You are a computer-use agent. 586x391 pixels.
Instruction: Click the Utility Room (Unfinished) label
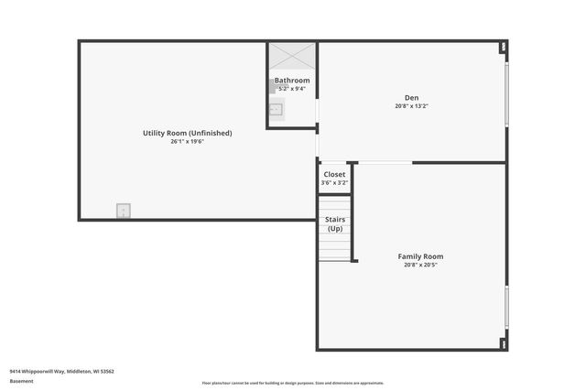[x=187, y=133]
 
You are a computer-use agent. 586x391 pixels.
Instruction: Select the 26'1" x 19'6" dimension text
[x=187, y=142]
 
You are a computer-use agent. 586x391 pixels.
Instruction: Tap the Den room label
[x=411, y=98]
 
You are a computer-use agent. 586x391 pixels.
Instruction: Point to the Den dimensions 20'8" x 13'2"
[x=411, y=106]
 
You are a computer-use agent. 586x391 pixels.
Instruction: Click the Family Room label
[x=420, y=256]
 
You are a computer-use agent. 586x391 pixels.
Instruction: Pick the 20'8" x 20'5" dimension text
[x=420, y=266]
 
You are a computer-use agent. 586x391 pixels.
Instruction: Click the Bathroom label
[x=292, y=80]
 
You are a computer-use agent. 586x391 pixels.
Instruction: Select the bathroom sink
[x=276, y=110]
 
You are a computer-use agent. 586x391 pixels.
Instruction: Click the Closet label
[x=334, y=173]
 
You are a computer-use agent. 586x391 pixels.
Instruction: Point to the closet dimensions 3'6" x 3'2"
[x=334, y=182]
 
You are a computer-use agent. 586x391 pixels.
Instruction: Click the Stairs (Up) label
[x=335, y=224]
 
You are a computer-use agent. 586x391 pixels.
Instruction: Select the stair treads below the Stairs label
[x=335, y=247]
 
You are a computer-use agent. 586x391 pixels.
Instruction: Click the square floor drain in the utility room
[x=123, y=210]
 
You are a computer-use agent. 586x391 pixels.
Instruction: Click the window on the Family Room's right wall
[x=506, y=307]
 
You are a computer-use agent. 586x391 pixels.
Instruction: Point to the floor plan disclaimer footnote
[x=292, y=383]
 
